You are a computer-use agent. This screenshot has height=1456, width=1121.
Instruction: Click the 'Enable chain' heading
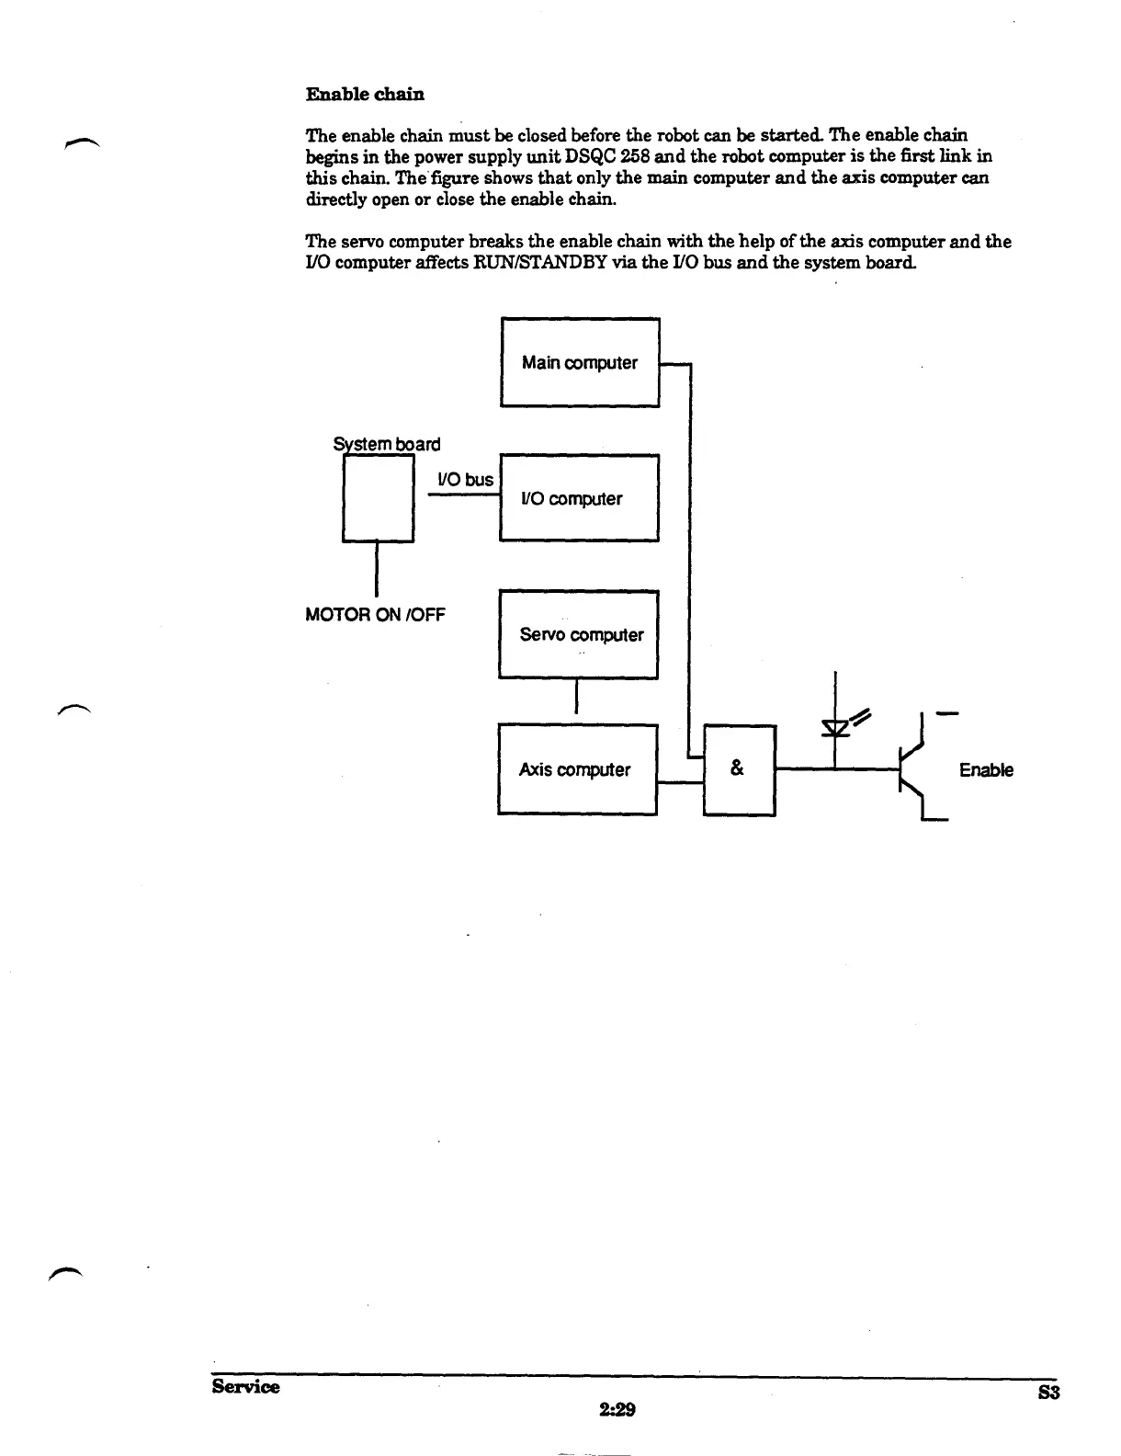tap(364, 94)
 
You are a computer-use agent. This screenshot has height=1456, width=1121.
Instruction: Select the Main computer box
tap(579, 362)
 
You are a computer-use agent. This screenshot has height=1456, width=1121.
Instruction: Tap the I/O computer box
tap(579, 498)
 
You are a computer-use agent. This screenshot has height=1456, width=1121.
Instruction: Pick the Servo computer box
tap(579, 634)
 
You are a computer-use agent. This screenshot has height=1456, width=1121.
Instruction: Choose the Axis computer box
tap(577, 769)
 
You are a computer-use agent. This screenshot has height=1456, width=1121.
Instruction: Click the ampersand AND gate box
tap(739, 769)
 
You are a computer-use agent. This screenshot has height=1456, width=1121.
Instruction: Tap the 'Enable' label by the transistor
tap(986, 770)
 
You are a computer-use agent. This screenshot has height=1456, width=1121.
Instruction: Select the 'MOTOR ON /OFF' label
tap(375, 614)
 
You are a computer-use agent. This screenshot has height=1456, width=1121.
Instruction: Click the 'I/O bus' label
tap(465, 480)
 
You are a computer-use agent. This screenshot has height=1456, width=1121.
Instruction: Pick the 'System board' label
tap(387, 444)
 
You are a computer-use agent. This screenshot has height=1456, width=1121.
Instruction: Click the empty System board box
tap(378, 499)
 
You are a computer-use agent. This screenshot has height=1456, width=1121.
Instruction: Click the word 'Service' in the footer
tap(245, 1386)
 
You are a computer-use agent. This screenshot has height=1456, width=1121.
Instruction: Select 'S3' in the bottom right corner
tap(1048, 1393)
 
